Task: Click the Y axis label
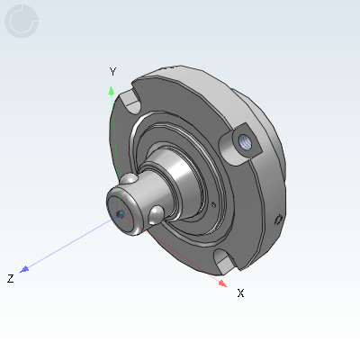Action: click(x=112, y=71)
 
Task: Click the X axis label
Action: click(x=240, y=292)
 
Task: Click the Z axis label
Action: click(x=10, y=279)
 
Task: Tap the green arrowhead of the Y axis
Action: click(x=111, y=90)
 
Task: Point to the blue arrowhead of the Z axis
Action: click(x=25, y=268)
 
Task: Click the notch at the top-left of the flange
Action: click(x=130, y=92)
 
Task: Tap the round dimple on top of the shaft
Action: click(x=132, y=181)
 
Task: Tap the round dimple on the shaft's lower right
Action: click(x=157, y=212)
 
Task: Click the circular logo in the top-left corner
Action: click(x=22, y=22)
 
